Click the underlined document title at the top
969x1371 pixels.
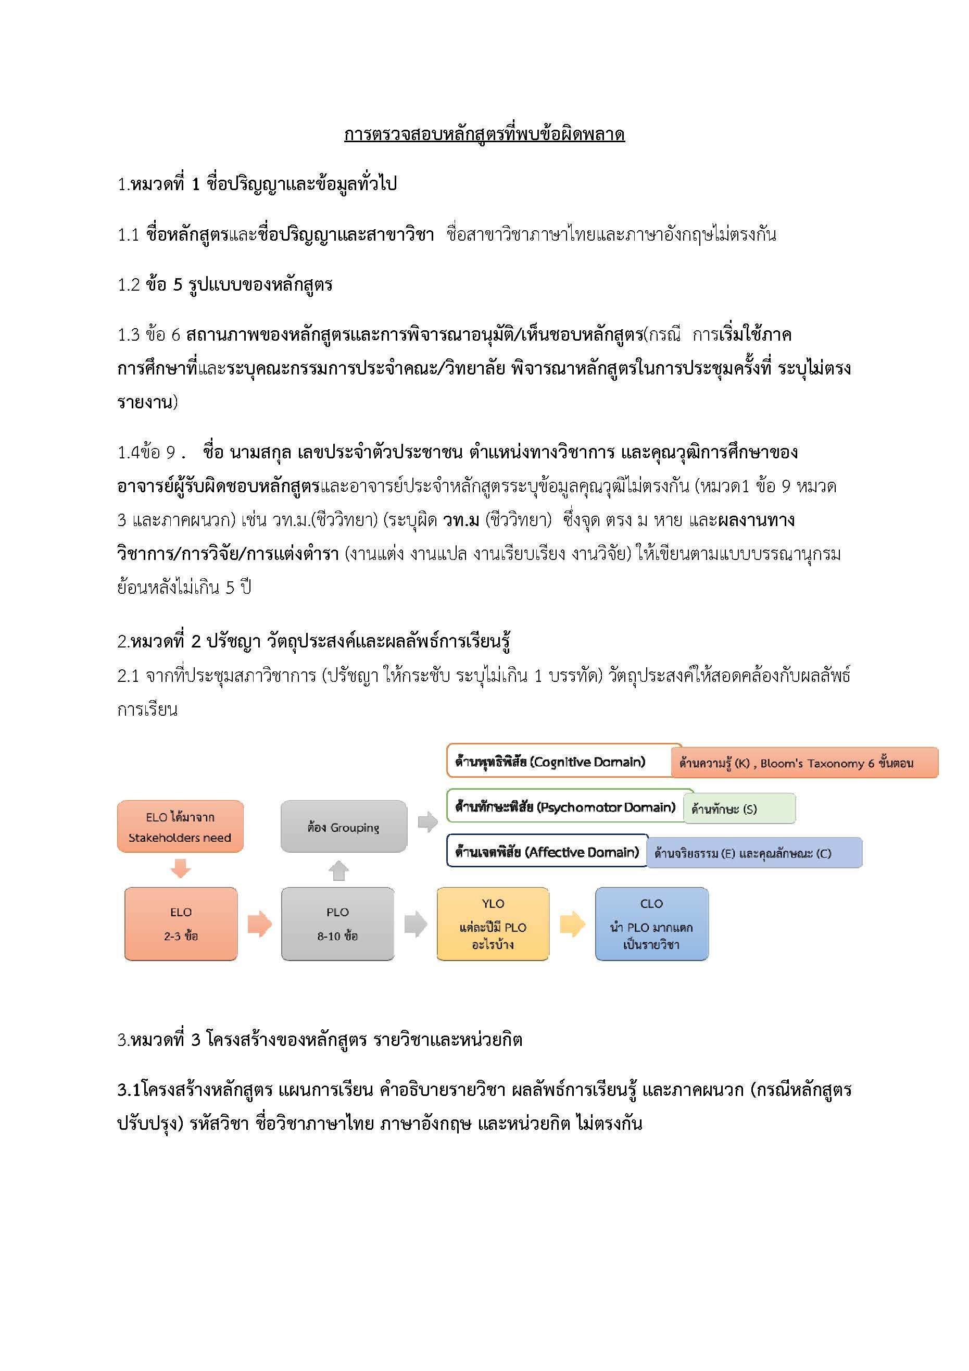point(484,134)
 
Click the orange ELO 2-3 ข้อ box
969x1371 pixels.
point(181,924)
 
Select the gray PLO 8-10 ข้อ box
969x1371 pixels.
point(337,924)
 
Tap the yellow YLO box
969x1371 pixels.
point(493,924)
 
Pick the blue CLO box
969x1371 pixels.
point(651,924)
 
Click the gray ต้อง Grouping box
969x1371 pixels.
point(343,827)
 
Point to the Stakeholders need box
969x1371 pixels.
point(180,827)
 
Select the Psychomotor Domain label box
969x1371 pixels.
point(565,807)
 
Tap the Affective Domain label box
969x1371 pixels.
point(547,852)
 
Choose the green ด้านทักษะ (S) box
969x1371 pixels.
point(739,809)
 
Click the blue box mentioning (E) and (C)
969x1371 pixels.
point(754,853)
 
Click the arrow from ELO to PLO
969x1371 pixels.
point(259,924)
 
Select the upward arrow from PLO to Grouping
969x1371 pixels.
point(338,870)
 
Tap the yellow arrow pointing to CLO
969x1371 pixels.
point(572,924)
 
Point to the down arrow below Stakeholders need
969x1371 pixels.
point(180,868)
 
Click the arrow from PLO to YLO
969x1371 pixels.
point(416,924)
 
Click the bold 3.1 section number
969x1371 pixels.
point(129,1090)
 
